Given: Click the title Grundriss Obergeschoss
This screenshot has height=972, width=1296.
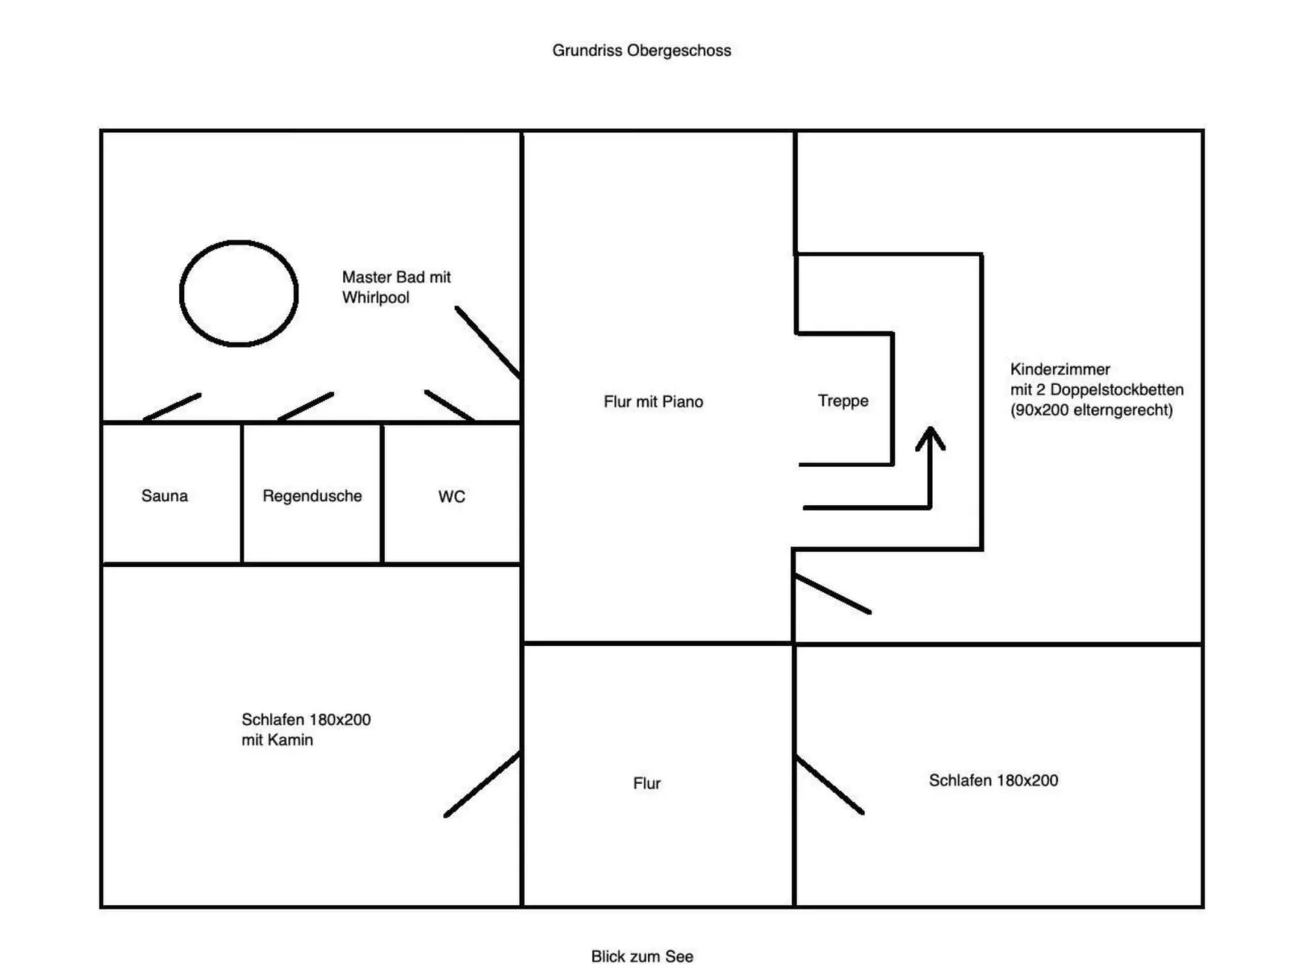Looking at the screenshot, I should point(642,50).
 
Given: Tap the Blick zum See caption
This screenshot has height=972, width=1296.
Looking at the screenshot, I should point(642,956).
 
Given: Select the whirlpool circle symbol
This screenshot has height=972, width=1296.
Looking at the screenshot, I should point(239,294).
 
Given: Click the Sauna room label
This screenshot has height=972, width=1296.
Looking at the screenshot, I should point(165,495).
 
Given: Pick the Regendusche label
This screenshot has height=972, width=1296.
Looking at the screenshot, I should point(312,495).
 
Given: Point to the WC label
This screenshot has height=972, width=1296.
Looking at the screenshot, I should point(452,496).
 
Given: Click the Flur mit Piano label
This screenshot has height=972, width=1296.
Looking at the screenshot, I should point(653,402).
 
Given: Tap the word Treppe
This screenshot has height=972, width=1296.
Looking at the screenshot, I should point(842,401).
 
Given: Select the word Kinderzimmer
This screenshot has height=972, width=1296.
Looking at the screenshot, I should point(1060,369).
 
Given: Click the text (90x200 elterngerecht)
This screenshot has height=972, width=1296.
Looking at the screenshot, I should point(1091,410).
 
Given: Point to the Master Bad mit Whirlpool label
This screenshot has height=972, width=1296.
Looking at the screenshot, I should point(395,287).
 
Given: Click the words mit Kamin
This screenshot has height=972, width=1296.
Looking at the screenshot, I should point(277,740).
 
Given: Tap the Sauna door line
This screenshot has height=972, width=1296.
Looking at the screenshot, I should point(172,407).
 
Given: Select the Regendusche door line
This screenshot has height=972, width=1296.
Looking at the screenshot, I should point(306,407).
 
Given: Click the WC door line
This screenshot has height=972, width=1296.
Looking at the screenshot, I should point(449,406).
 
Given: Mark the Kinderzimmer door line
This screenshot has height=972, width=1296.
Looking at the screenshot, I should point(833,594).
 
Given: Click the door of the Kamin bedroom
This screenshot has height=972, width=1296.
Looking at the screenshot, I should point(482,784).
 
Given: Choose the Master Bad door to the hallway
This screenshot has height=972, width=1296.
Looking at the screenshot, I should point(487,341).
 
